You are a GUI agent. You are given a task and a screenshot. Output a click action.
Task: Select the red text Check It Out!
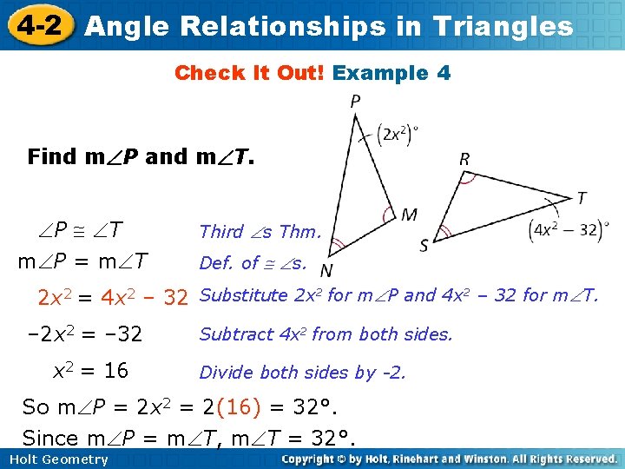tap(250, 73)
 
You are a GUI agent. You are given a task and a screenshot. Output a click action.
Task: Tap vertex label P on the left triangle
tap(355, 102)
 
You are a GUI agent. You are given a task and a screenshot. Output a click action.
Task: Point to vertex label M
tap(408, 214)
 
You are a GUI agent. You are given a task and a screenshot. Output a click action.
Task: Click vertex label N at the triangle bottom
tap(326, 270)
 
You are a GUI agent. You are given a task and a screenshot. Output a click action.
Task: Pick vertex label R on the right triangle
tap(465, 160)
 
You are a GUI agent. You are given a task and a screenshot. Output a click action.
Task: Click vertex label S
tap(424, 246)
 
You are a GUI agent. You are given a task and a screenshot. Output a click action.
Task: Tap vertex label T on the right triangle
tap(581, 199)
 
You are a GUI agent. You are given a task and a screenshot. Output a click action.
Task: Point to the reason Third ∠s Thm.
tap(260, 231)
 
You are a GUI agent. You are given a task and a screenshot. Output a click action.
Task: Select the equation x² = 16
tap(90, 371)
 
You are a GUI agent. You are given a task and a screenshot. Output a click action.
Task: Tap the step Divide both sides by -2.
tap(302, 373)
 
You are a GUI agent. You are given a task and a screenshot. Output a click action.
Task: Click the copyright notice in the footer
tap(449, 459)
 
